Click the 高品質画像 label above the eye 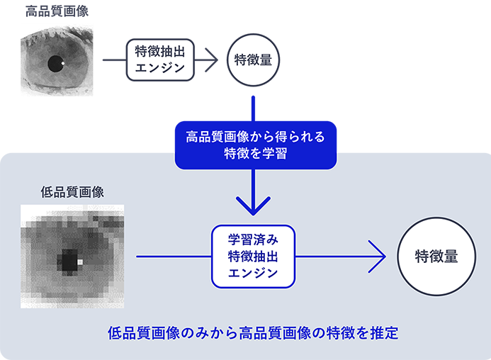point(56,11)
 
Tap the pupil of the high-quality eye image point(55,64)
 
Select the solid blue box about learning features point(255,145)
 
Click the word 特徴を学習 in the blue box point(255,154)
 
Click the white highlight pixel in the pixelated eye point(79,262)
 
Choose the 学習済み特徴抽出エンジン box point(253,256)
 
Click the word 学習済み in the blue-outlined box point(253,239)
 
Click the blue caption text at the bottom point(253,332)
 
